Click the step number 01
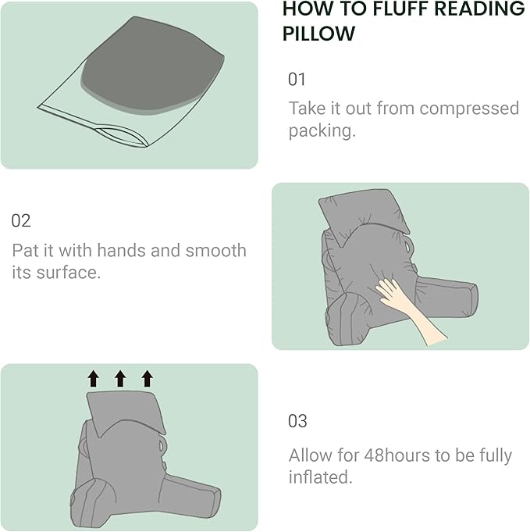(297, 79)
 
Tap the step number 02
(21, 220)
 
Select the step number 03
(297, 421)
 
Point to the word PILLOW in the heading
(318, 34)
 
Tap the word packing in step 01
(321, 130)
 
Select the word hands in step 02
(152, 251)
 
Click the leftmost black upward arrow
(94, 379)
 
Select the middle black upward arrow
(120, 379)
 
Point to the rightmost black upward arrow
(147, 379)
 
